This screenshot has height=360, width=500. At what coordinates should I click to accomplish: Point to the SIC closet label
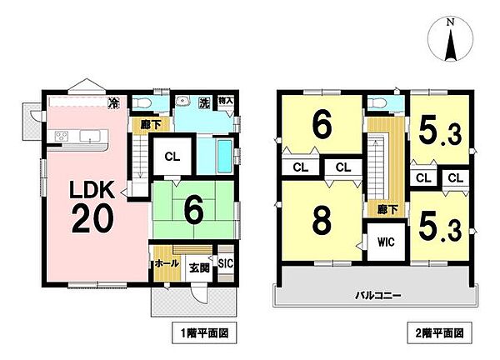tap(225, 262)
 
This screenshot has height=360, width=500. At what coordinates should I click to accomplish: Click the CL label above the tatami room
tap(170, 155)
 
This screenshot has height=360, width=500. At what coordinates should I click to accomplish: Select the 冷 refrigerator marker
tap(114, 104)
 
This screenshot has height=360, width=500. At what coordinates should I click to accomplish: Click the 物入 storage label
tap(226, 102)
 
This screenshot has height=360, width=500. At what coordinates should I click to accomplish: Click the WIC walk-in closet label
tap(385, 243)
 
